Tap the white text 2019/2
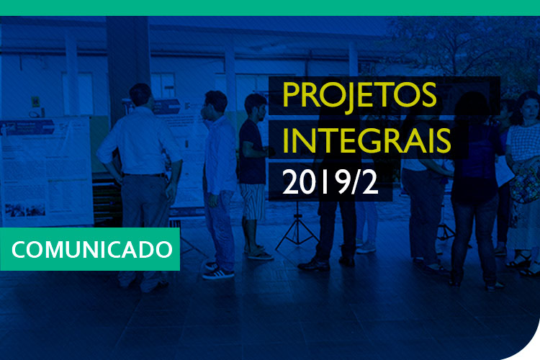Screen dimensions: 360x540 (x=330, y=182)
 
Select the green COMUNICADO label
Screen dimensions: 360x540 (x=89, y=249)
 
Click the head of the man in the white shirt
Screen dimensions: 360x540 (x=140, y=94)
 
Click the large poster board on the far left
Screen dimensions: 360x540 (x=45, y=169)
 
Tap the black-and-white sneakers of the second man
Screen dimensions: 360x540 (x=218, y=271)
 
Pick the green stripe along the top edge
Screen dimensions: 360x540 (x=270, y=7)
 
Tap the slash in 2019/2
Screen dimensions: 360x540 (x=356, y=183)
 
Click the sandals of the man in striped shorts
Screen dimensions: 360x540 (x=258, y=253)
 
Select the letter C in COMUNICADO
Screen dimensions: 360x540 (x=20, y=250)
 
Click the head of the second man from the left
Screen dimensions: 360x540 (x=215, y=103)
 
